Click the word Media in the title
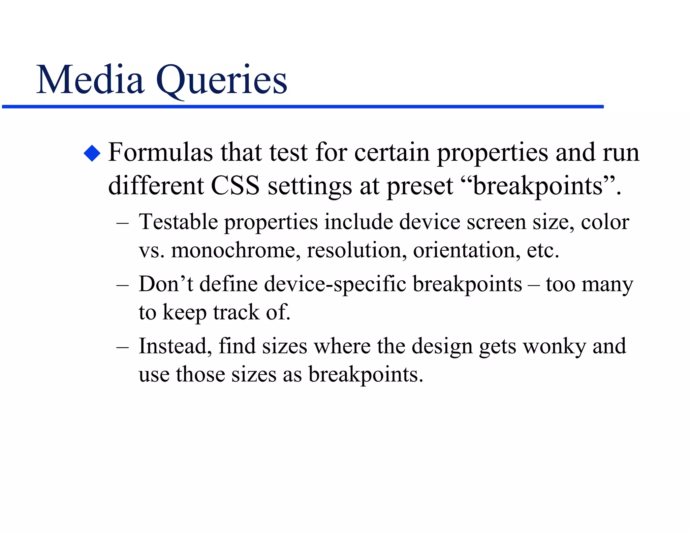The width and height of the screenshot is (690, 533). (x=90, y=80)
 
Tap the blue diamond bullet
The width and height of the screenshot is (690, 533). (x=92, y=153)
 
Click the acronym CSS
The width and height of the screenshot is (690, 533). (x=235, y=186)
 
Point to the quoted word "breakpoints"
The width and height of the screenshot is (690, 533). (x=538, y=186)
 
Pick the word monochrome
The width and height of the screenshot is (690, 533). (x=236, y=250)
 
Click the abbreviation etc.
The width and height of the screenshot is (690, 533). (x=542, y=250)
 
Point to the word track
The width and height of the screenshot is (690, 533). (x=236, y=312)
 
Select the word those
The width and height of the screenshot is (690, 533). (x=200, y=374)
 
